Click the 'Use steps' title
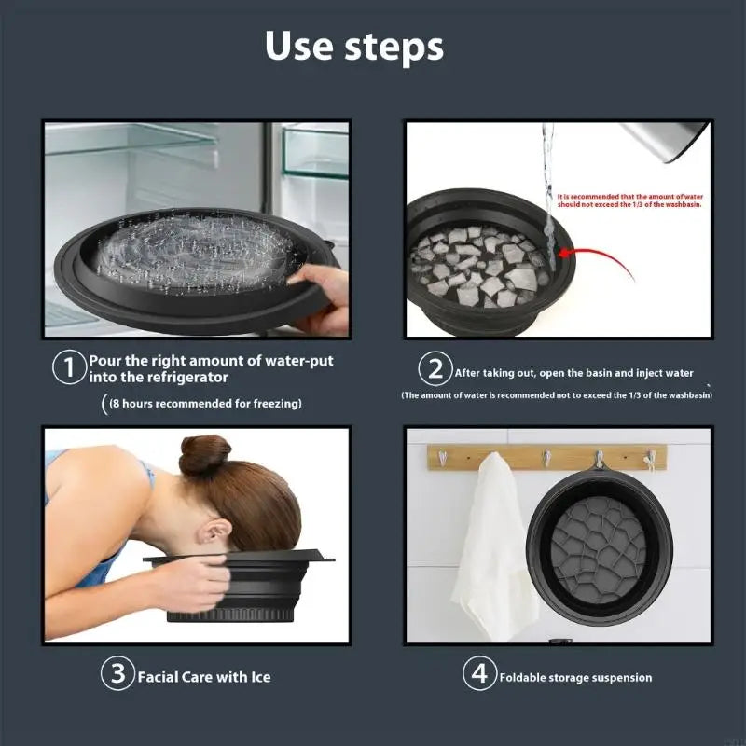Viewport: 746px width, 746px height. (354, 46)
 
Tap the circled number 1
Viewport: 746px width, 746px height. (68, 368)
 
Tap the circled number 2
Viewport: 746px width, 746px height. (435, 369)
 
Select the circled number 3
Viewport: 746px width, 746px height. (117, 675)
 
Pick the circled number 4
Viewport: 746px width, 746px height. (479, 675)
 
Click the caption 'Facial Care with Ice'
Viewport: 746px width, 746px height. (204, 677)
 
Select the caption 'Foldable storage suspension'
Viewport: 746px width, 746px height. (575, 678)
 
